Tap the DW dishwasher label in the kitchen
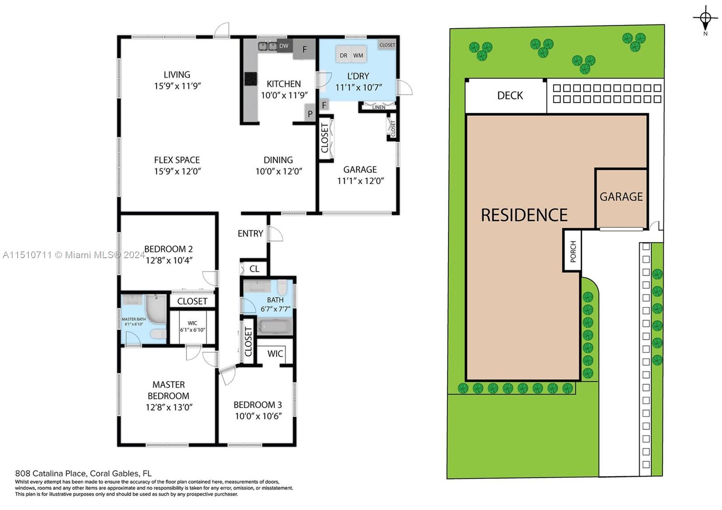coord(284,46)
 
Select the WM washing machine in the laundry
coord(358,55)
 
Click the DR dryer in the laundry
coord(343,55)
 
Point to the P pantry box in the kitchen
coord(310,113)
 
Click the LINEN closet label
coord(379,107)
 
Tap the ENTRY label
coord(250,233)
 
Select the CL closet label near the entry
coord(255,269)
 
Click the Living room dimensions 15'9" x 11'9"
coord(177,86)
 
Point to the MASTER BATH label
coord(134,319)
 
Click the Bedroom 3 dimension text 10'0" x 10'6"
coord(259,416)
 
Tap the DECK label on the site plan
coord(510,95)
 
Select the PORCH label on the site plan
coord(573,251)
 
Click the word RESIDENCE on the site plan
coord(524,215)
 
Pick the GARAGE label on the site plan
coord(621,197)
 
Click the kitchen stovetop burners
coord(251,79)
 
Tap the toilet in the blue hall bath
coord(282,287)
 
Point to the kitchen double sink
coord(268,46)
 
